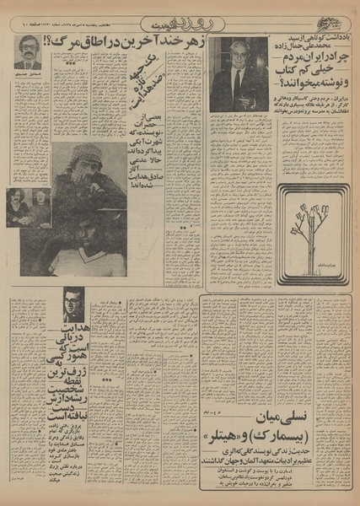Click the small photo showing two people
29,207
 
